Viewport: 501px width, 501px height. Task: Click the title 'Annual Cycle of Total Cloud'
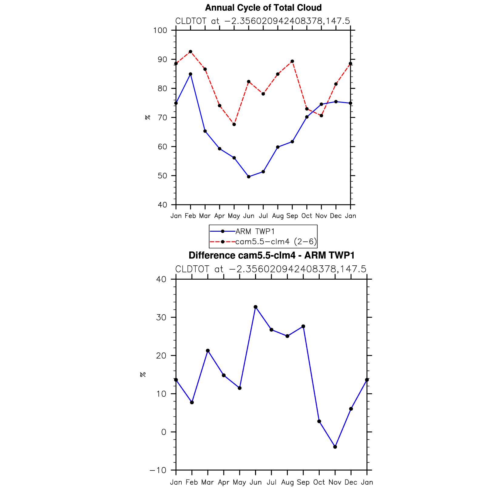click(263, 8)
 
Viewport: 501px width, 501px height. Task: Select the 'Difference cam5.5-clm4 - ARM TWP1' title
click(271, 255)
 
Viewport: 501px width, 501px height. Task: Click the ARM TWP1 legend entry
click(255, 231)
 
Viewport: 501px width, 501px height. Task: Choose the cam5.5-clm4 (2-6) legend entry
click(276, 242)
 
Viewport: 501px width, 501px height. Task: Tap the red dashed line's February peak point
click(190, 52)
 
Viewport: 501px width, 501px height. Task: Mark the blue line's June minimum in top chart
click(249, 177)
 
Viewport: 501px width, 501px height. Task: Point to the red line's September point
click(292, 61)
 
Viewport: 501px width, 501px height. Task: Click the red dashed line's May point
click(234, 124)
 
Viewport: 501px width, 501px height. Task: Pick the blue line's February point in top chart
click(190, 74)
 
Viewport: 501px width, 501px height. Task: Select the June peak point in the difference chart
click(256, 307)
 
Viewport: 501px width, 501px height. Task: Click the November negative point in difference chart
click(335, 447)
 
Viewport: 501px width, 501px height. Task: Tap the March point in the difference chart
click(208, 351)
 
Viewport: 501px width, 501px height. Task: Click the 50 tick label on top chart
click(162, 176)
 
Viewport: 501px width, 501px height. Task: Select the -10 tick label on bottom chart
click(158, 470)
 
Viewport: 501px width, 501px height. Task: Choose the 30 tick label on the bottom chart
click(162, 318)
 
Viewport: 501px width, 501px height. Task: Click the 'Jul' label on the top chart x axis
click(263, 216)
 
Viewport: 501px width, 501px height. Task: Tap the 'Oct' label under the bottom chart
click(319, 482)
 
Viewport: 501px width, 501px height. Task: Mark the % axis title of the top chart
click(148, 117)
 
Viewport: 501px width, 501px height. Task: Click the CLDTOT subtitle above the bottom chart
click(271, 269)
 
